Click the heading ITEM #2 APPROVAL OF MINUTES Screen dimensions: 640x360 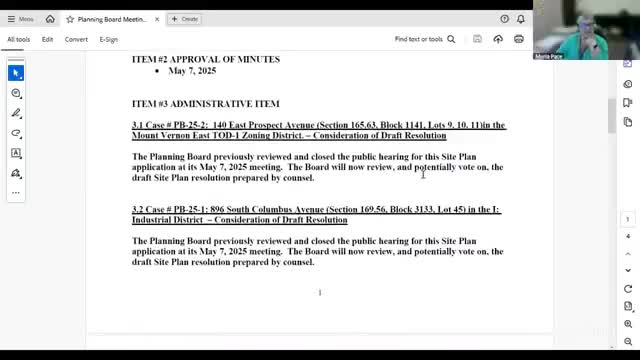coord(206,59)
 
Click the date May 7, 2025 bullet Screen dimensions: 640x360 coord(192,71)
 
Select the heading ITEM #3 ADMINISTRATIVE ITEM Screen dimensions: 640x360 coord(205,104)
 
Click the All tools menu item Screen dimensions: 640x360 coord(19,39)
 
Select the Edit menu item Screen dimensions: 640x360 coord(48,39)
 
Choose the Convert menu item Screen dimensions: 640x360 coord(76,39)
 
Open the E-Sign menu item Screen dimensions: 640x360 coord(108,39)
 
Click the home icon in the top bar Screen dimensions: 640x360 coord(50,18)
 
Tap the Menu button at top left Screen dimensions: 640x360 coord(20,18)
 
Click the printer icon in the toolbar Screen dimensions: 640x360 coord(519,39)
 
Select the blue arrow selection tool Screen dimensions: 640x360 coord(16,73)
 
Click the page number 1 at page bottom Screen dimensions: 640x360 coord(320,292)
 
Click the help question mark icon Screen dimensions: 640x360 coord(504,18)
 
